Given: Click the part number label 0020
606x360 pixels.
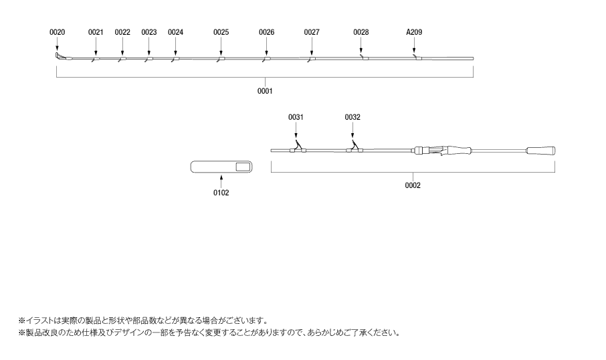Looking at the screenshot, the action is click(58, 32).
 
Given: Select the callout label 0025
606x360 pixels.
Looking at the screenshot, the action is click(221, 32).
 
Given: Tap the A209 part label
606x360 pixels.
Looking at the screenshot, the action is click(414, 32).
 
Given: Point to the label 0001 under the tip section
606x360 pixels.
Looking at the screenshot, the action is click(265, 91).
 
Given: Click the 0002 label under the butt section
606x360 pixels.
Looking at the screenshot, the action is click(413, 185).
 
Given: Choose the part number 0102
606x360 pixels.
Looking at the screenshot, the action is click(221, 193).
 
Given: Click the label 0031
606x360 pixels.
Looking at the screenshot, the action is click(296, 117).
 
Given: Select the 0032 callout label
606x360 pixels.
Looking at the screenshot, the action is click(352, 117).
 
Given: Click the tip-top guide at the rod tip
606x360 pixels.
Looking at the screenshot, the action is click(58, 56).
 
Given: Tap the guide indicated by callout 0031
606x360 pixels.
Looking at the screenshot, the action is click(298, 147).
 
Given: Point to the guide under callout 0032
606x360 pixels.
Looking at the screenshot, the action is click(355, 147).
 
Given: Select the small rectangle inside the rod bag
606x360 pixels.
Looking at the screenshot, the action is click(243, 167).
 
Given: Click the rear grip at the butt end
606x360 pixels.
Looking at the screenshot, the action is click(540, 151).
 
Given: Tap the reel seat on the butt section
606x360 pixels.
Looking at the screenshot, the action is click(429, 151).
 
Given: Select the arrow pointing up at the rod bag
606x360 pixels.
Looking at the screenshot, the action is click(221, 181).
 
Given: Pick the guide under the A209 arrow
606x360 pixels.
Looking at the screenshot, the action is click(417, 58).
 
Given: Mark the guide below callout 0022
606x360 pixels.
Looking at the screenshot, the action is click(122, 59).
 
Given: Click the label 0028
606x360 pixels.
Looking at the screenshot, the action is click(361, 32).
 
